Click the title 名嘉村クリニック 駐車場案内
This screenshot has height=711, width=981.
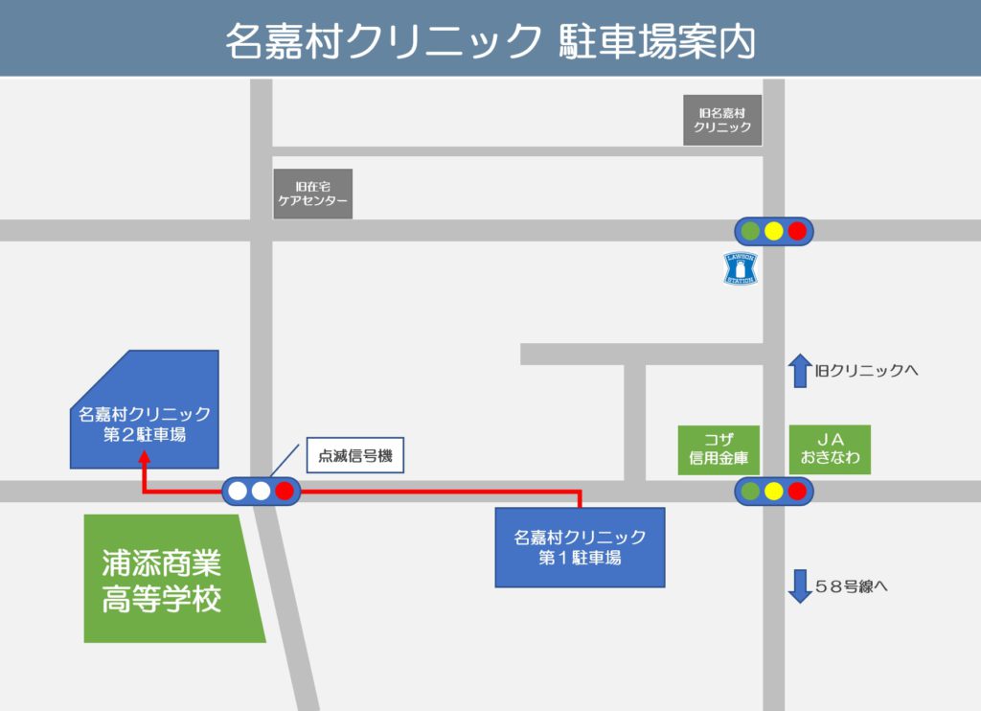[490, 41]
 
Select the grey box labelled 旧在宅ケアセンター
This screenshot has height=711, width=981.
[312, 194]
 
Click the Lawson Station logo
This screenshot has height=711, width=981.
[740, 268]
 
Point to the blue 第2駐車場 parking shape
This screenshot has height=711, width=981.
[144, 412]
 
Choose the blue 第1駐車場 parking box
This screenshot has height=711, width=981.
[580, 547]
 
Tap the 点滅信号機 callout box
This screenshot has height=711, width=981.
[355, 457]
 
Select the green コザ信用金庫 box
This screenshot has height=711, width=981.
[719, 448]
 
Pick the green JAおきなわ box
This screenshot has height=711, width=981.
[831, 448]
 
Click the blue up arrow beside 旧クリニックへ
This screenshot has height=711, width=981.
[799, 370]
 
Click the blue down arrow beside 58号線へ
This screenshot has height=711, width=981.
[799, 585]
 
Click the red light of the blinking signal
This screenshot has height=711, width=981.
[285, 492]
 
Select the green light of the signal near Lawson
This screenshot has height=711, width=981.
[750, 231]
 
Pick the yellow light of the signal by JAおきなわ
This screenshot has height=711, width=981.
[774, 492]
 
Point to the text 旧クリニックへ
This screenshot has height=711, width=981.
[867, 370]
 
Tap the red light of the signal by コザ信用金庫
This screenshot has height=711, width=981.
[797, 492]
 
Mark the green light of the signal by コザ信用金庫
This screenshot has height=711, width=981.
[750, 492]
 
